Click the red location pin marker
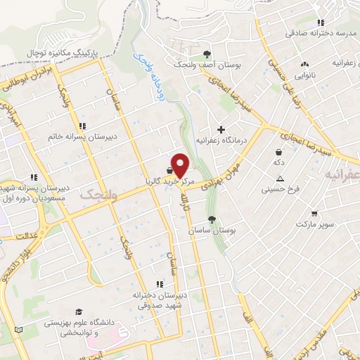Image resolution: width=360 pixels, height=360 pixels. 181,165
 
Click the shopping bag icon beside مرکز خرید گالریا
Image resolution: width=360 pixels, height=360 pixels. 170,170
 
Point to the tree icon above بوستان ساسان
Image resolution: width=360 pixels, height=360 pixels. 212,219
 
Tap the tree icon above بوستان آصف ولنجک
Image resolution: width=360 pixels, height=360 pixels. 207,53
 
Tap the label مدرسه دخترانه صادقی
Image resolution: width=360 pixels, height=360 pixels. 316,33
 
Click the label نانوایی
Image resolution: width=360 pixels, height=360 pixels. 304,73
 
